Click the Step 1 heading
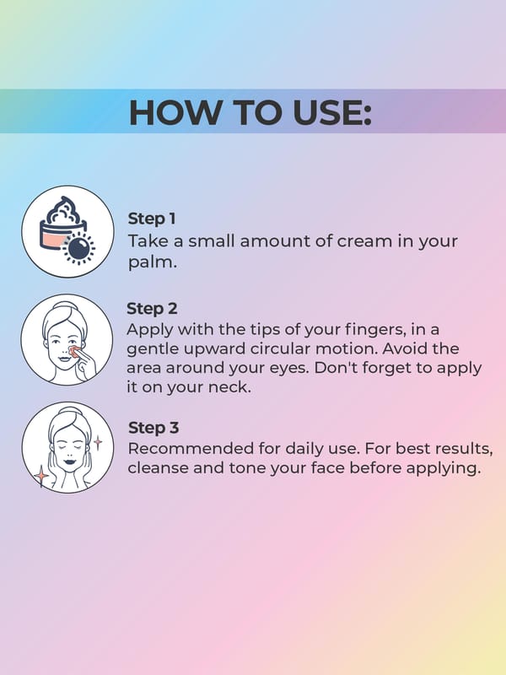pyautogui.click(x=152, y=219)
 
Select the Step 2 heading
pyautogui.click(x=152, y=309)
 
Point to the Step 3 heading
pyautogui.click(x=153, y=428)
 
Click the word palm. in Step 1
pyautogui.click(x=153, y=262)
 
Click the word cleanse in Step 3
pyautogui.click(x=157, y=468)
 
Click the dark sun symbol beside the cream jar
pyautogui.click(x=78, y=248)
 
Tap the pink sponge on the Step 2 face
pyautogui.click(x=74, y=351)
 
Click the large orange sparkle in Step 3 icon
pyautogui.click(x=41, y=476)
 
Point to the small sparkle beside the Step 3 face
pyautogui.click(x=98, y=442)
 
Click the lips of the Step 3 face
pyautogui.click(x=68, y=462)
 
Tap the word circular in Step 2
pyautogui.click(x=280, y=348)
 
